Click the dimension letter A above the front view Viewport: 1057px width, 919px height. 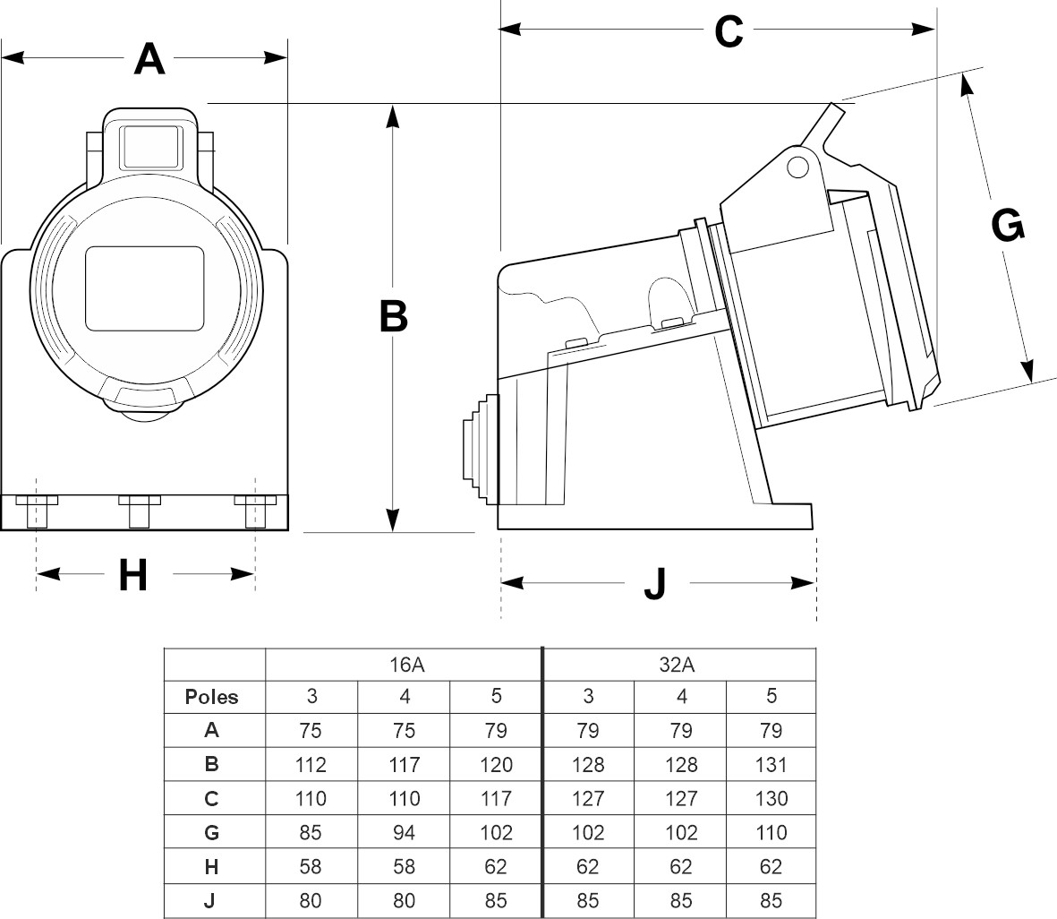[x=149, y=59]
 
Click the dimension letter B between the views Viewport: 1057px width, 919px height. [x=393, y=316]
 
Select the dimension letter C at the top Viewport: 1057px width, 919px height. [x=729, y=32]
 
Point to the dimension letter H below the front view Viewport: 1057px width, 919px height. [x=133, y=576]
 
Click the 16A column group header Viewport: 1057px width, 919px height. [x=404, y=664]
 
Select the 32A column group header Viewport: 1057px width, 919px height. [x=680, y=664]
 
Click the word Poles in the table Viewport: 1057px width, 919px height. [x=212, y=697]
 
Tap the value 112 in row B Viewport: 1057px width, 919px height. [x=311, y=765]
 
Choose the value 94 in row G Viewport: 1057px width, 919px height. [x=404, y=833]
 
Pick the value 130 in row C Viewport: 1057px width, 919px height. [x=771, y=799]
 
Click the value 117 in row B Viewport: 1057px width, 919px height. [x=404, y=765]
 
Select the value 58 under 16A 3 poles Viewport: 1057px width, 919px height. [x=311, y=867]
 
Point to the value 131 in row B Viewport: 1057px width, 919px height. [x=771, y=765]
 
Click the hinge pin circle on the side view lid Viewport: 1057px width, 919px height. [x=795, y=166]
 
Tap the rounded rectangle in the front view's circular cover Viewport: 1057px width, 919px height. [x=145, y=288]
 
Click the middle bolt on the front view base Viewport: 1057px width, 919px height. [x=139, y=511]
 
